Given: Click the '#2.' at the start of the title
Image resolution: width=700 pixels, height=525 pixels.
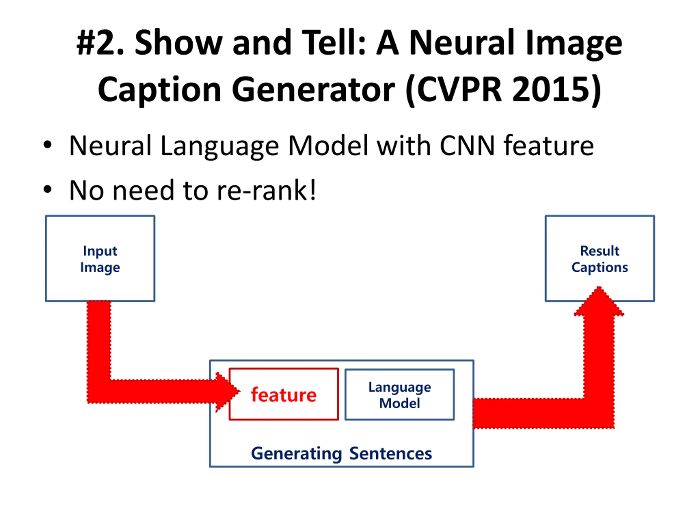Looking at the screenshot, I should [100, 43].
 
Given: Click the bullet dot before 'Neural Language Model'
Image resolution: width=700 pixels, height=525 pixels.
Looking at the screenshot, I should [48, 145].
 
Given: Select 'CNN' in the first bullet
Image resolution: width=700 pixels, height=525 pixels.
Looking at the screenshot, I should [467, 145].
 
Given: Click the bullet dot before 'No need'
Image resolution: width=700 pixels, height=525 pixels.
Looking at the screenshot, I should [48, 189].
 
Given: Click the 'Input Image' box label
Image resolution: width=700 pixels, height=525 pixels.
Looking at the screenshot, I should [100, 259].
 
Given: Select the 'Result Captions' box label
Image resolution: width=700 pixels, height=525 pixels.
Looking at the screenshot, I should [599, 259].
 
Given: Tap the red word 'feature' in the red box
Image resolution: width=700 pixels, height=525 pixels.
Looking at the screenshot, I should [284, 395].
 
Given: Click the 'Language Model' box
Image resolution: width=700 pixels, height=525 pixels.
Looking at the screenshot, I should [399, 395].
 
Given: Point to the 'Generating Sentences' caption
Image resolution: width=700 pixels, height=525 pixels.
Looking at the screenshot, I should [342, 453].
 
